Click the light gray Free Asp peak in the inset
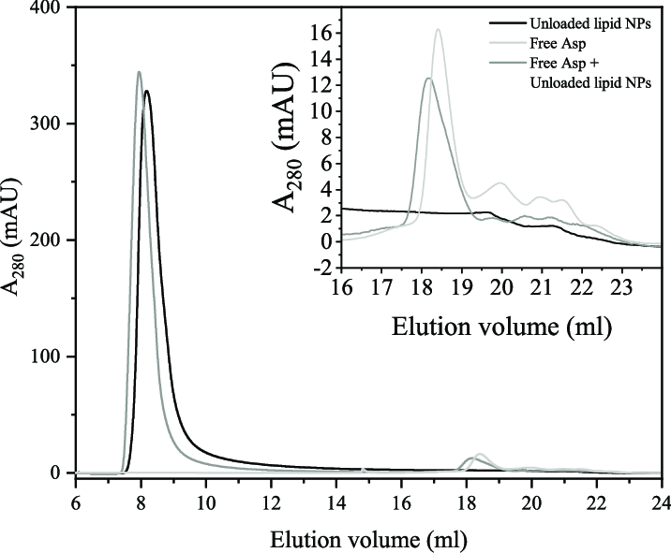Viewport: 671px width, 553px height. coord(438,29)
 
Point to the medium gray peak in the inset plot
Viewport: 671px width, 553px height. coord(427,79)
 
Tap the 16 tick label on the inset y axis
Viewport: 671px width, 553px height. coord(324,34)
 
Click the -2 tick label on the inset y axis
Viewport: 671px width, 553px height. coord(324,268)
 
